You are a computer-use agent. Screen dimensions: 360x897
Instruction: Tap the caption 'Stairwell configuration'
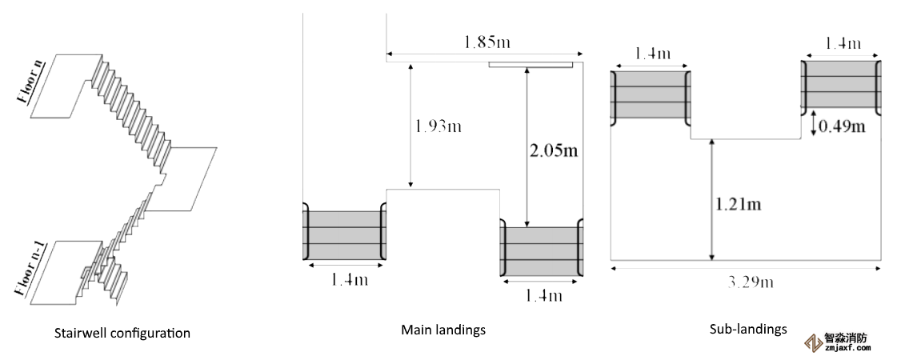tap(122, 332)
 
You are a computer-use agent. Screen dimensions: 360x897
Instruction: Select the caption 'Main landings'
tap(443, 329)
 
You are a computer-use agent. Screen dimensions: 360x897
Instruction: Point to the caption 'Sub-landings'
tap(748, 328)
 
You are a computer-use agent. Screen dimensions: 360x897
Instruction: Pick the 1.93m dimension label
tap(438, 126)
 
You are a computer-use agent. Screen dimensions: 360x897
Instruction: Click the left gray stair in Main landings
tap(344, 235)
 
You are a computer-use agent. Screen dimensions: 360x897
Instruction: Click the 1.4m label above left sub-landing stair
tap(651, 54)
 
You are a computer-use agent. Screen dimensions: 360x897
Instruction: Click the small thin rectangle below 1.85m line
tap(531, 64)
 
